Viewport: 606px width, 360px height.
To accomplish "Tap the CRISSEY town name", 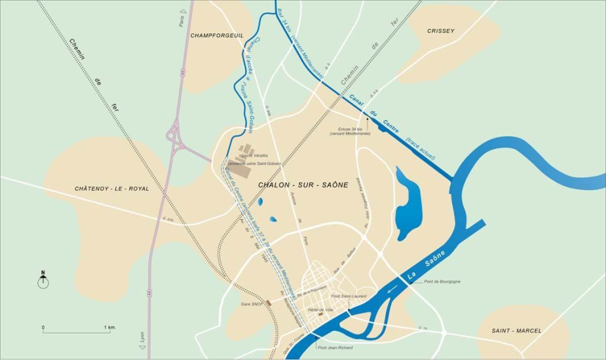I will pos(440,32).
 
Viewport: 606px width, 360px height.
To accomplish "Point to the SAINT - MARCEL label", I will pos(517,331).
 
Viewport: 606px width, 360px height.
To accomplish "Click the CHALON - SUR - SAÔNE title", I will pos(302,186).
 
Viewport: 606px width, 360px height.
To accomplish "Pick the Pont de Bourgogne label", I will pos(442,281).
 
